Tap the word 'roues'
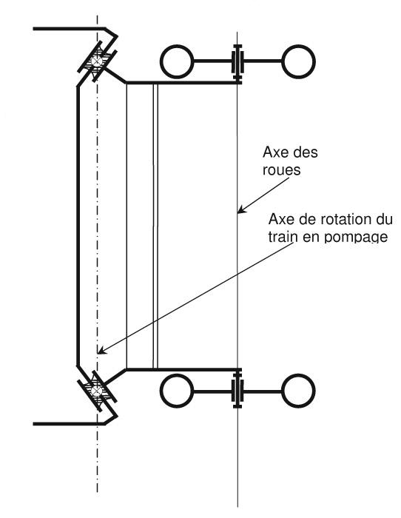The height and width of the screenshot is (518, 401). click(281, 169)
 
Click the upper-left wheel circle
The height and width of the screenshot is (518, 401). click(177, 61)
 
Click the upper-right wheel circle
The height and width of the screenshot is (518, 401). click(298, 61)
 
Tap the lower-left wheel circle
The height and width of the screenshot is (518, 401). click(177, 391)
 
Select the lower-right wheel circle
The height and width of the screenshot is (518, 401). click(298, 391)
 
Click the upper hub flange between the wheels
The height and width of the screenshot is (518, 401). click(237, 62)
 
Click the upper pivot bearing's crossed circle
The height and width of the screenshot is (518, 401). click(97, 61)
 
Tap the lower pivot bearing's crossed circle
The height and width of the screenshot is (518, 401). click(96, 391)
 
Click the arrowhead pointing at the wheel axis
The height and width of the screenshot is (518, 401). click(242, 209)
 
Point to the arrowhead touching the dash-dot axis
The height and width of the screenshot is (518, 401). click(102, 350)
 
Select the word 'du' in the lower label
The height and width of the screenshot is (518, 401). click(385, 219)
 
